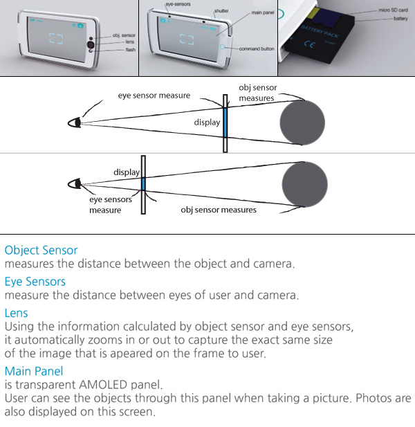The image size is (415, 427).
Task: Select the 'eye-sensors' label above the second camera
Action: (178, 5)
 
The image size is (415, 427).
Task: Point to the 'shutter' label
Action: (221, 10)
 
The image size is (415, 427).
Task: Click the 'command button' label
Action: (257, 49)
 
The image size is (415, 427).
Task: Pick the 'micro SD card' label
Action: (393, 11)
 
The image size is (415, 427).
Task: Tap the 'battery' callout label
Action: (400, 19)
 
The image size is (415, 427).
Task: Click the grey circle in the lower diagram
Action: (304, 185)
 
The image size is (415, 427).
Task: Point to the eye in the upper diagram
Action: (73, 122)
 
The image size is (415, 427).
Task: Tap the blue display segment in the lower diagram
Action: (142, 183)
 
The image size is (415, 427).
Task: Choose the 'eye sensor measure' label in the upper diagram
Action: (154, 96)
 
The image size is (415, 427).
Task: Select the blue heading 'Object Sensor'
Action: (41, 250)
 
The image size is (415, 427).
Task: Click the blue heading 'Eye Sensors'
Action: (35, 282)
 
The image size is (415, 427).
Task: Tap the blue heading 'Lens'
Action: (17, 313)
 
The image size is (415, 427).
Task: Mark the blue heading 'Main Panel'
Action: (34, 371)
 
